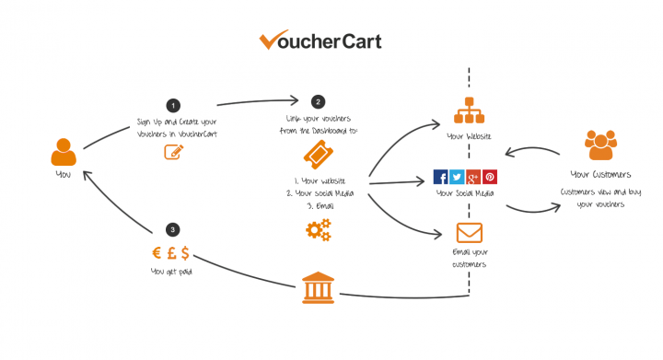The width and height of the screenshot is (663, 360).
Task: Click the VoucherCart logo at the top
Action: [320, 41]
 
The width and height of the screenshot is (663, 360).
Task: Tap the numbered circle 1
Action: [172, 105]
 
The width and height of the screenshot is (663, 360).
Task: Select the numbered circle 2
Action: [319, 102]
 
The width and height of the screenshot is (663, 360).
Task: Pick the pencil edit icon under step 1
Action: [173, 152]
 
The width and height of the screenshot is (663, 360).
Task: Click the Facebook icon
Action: [441, 178]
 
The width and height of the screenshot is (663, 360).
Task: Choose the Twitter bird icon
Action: [458, 178]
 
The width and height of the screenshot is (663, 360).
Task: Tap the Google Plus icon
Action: [474, 178]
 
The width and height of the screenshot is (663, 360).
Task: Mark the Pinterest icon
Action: [490, 178]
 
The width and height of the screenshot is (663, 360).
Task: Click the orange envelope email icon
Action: [468, 232]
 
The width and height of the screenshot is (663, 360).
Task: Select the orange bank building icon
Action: [319, 288]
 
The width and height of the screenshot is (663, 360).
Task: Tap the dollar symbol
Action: [186, 253]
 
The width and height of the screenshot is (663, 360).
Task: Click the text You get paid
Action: [171, 273]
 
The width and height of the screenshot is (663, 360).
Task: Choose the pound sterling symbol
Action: [171, 253]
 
